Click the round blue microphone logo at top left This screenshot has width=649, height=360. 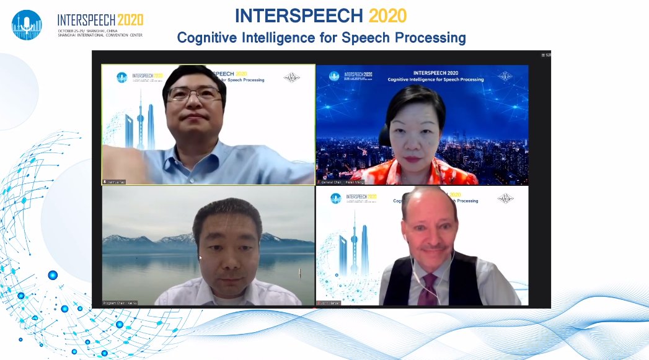coord(27,25)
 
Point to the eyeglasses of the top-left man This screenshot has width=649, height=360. coord(194,95)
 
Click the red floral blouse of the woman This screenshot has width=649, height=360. coord(422,174)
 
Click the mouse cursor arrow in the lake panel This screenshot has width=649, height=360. coord(200,257)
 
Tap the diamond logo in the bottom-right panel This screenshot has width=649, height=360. coord(506,198)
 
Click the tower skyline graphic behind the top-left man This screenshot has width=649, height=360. coord(139,124)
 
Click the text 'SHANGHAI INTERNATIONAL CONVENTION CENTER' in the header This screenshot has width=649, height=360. coord(100,35)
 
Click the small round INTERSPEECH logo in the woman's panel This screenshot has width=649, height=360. coord(334,76)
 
